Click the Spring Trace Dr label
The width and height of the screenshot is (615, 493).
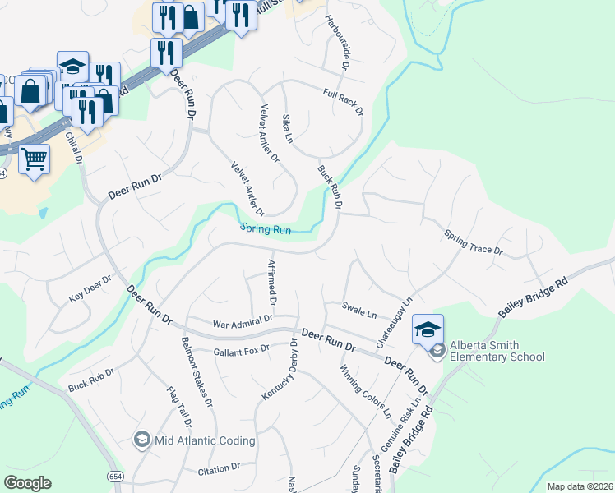(473, 242)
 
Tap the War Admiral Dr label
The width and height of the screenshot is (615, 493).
(242, 323)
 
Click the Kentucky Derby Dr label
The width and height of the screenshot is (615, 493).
(279, 370)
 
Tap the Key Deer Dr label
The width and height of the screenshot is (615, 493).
(90, 289)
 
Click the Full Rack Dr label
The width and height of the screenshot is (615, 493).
(343, 103)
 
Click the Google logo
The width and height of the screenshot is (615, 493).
(27, 483)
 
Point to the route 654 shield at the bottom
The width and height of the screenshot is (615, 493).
(113, 476)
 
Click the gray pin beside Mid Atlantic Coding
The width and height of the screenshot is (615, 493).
(142, 440)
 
